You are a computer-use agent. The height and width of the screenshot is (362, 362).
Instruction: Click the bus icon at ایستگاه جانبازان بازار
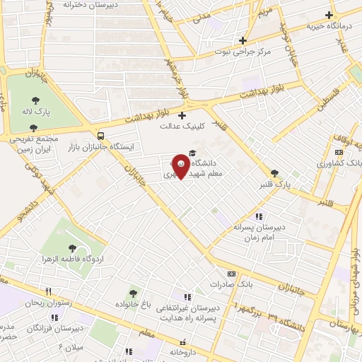pos(100,135)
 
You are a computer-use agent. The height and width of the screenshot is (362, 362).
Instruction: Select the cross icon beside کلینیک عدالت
pos(182,116)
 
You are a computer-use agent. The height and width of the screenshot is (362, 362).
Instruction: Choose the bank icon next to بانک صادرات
pos(230,273)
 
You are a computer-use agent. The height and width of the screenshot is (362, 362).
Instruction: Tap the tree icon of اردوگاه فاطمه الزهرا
pos(72,247)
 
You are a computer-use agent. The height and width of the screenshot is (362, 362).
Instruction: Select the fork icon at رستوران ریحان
pos(48,291)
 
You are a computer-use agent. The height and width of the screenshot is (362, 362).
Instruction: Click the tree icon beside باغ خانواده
pos(132,293)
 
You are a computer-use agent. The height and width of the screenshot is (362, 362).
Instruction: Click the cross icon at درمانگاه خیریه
pos(328,15)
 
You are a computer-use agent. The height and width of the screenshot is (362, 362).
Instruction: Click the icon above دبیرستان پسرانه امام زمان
pos(259,216)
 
